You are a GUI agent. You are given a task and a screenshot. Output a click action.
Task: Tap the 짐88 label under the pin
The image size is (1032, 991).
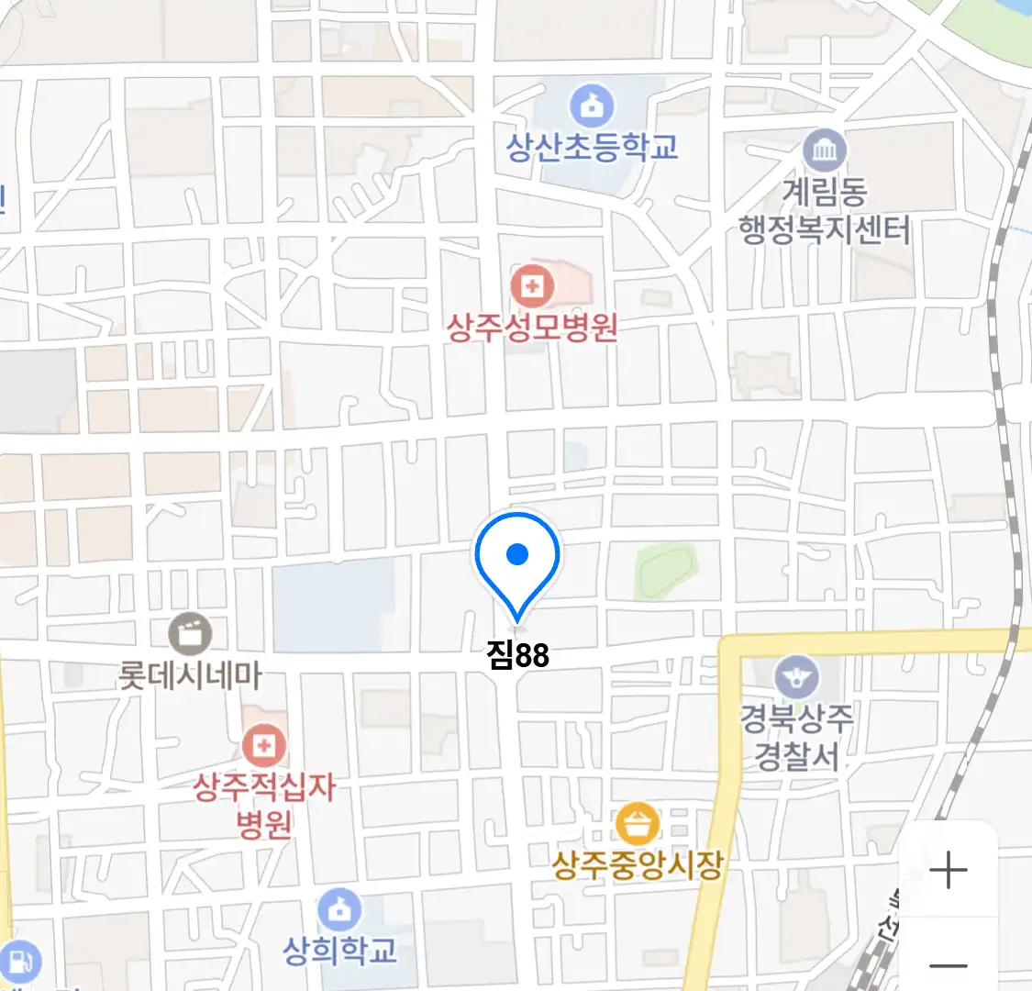click(518, 655)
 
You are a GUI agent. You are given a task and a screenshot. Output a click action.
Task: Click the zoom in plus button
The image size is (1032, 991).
click(949, 870)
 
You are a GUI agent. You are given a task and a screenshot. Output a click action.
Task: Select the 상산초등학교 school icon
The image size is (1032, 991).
click(592, 106)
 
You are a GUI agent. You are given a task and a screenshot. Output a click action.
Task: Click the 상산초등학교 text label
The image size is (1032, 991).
click(592, 147)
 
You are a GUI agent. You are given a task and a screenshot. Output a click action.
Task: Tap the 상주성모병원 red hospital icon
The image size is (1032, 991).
click(531, 286)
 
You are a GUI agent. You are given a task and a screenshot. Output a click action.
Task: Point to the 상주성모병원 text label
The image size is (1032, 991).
click(531, 328)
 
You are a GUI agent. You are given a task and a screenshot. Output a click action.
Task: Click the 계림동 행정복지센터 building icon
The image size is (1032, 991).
click(824, 150)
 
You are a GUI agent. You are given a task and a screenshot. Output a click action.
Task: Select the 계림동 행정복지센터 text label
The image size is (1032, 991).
click(825, 211)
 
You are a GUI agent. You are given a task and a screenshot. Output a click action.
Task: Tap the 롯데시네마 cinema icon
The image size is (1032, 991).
click(190, 634)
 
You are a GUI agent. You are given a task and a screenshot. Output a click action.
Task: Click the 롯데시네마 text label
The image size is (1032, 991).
click(190, 676)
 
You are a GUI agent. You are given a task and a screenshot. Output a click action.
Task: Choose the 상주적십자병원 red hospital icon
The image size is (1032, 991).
click(264, 745)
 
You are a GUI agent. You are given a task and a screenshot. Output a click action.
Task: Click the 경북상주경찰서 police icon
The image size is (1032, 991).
click(795, 678)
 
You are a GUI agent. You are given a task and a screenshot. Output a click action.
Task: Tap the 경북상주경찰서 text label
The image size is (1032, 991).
click(796, 737)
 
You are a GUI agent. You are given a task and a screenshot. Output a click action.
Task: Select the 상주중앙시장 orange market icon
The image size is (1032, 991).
click(638, 823)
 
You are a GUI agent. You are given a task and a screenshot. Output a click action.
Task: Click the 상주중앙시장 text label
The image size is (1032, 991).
click(638, 865)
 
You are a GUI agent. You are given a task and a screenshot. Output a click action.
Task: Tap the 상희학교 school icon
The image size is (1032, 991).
click(339, 911)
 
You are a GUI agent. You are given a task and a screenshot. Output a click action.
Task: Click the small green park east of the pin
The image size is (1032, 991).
click(667, 570)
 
